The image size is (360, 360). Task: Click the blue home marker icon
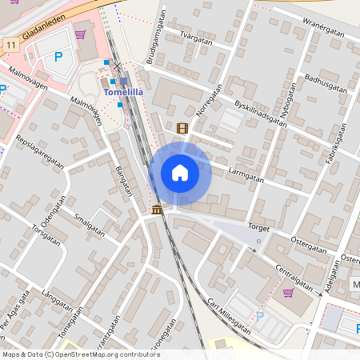tap(180, 173)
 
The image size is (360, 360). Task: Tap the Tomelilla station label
tap(124, 92)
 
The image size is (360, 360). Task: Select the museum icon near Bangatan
tap(156, 210)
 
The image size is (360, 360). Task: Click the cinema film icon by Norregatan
tap(182, 128)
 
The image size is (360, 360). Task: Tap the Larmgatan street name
tap(246, 170)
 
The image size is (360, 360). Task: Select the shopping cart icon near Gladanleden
tap(80, 34)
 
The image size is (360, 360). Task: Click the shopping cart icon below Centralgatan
tap(288, 292)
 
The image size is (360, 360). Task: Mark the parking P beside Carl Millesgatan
tap(259, 317)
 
